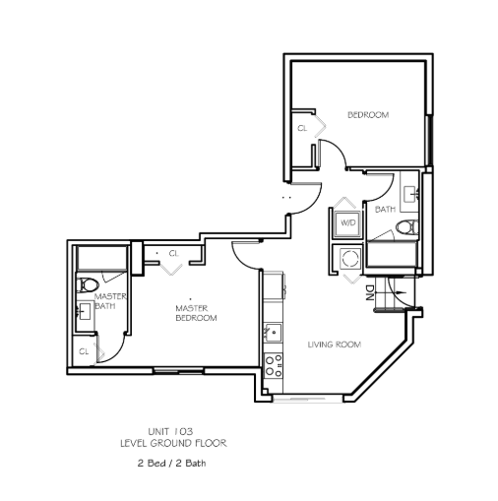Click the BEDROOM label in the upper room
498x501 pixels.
pyautogui.click(x=368, y=115)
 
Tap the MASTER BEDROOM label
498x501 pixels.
pyautogui.click(x=196, y=313)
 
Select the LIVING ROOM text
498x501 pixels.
pyautogui.click(x=335, y=344)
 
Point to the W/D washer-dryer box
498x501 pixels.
pyautogui.click(x=347, y=223)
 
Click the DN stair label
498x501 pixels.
pyautogui.click(x=370, y=293)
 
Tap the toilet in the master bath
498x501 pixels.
pyautogui.click(x=88, y=284)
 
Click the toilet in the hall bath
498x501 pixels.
pyautogui.click(x=407, y=227)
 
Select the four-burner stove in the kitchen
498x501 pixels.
pyautogui.click(x=274, y=366)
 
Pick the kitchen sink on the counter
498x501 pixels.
pyautogui.click(x=273, y=333)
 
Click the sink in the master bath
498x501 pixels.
pyautogui.click(x=84, y=311)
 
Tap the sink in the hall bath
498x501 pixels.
pyautogui.click(x=410, y=194)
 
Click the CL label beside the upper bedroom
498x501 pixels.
pyautogui.click(x=302, y=128)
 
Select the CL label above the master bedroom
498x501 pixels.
pyautogui.click(x=174, y=253)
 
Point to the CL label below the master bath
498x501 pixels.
pyautogui.click(x=84, y=351)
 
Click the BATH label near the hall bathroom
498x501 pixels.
pyautogui.click(x=385, y=209)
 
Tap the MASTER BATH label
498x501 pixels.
pyautogui.click(x=110, y=301)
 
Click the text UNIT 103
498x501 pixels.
pyautogui.click(x=170, y=431)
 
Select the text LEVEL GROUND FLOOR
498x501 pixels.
pyautogui.click(x=173, y=444)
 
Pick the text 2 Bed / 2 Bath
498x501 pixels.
pyautogui.click(x=171, y=464)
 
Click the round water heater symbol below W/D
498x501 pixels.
pyautogui.click(x=350, y=258)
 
